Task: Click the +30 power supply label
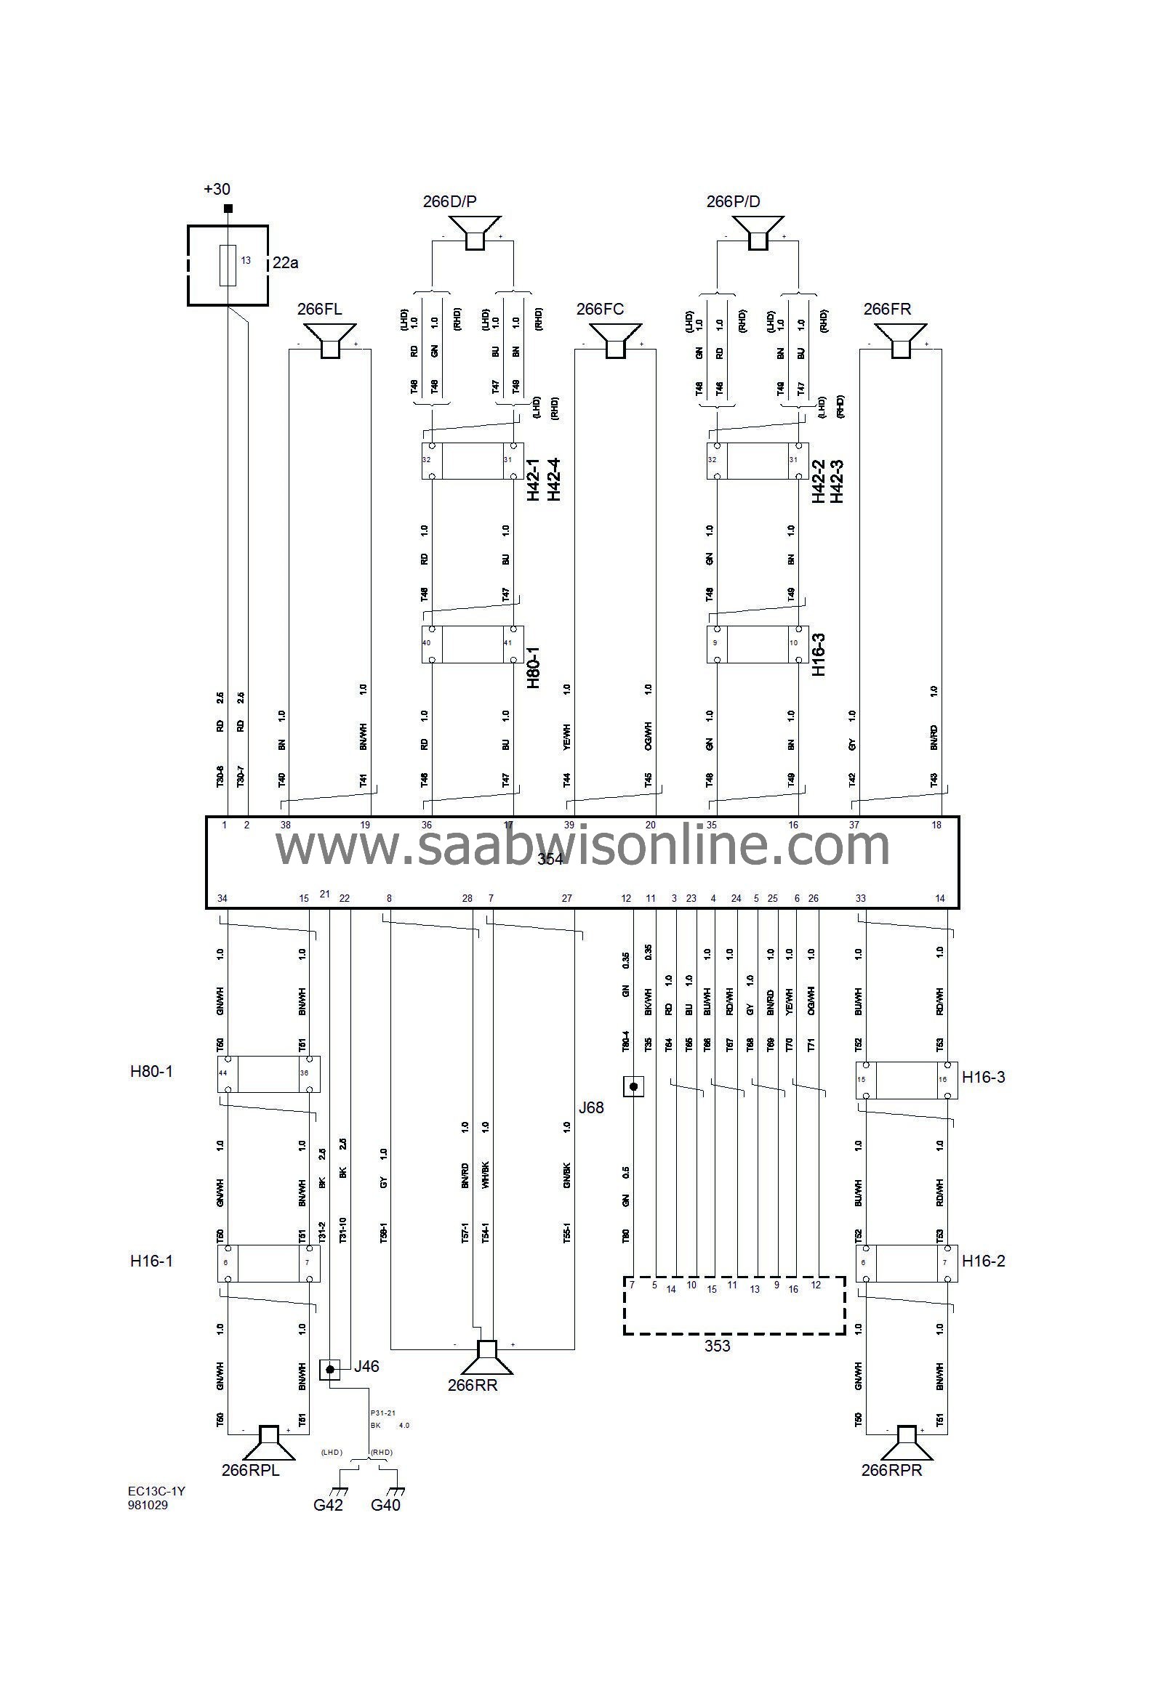[x=217, y=190]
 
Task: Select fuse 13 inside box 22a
[x=228, y=265]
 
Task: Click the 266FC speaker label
[x=600, y=309]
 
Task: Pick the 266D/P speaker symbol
[x=474, y=233]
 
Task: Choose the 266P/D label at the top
[x=733, y=201]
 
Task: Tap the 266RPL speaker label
[x=250, y=1470]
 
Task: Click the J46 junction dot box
[x=329, y=1370]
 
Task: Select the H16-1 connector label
[x=152, y=1261]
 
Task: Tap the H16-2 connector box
[x=906, y=1263]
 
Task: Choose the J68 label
[x=591, y=1108]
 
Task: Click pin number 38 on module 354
[x=286, y=825]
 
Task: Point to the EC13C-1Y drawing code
[x=156, y=1491]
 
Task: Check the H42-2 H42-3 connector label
[x=827, y=481]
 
